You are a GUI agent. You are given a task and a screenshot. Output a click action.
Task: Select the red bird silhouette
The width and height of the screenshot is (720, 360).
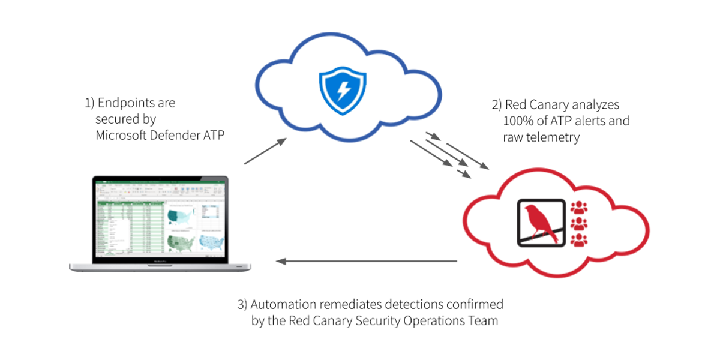539,223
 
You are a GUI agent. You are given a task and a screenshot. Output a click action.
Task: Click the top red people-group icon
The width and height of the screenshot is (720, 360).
579,208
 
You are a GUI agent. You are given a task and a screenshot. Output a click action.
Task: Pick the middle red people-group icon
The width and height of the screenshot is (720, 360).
579,224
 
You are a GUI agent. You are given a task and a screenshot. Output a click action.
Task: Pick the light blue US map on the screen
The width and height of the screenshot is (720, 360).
211,241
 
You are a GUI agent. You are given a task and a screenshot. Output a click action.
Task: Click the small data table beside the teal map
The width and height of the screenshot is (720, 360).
211,212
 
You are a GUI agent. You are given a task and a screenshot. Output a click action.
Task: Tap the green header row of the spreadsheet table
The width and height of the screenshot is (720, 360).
129,202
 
